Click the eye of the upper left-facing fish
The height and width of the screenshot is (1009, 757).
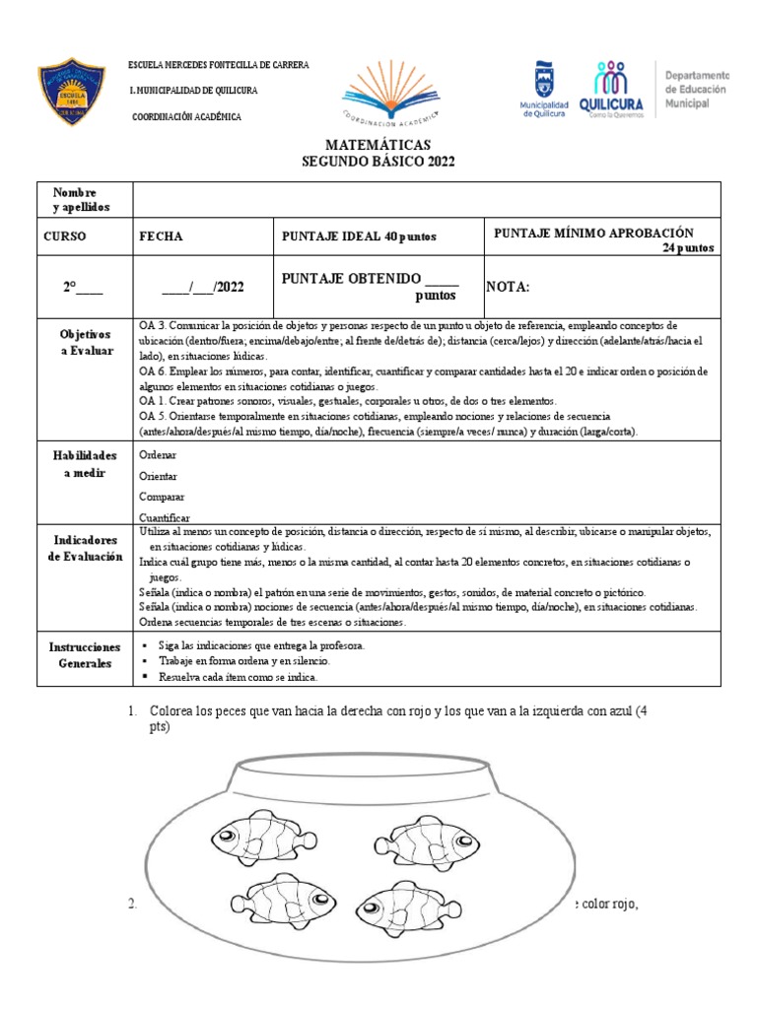[x=229, y=836]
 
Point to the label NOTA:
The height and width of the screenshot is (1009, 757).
[x=509, y=287]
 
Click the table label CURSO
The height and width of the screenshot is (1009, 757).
[x=65, y=236]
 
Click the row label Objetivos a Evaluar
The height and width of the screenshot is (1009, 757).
[x=84, y=343]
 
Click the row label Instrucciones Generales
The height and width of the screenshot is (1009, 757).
[x=84, y=655]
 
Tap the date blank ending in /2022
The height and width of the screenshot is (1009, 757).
[x=203, y=287]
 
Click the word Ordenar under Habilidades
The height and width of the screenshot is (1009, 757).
[x=159, y=456]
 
